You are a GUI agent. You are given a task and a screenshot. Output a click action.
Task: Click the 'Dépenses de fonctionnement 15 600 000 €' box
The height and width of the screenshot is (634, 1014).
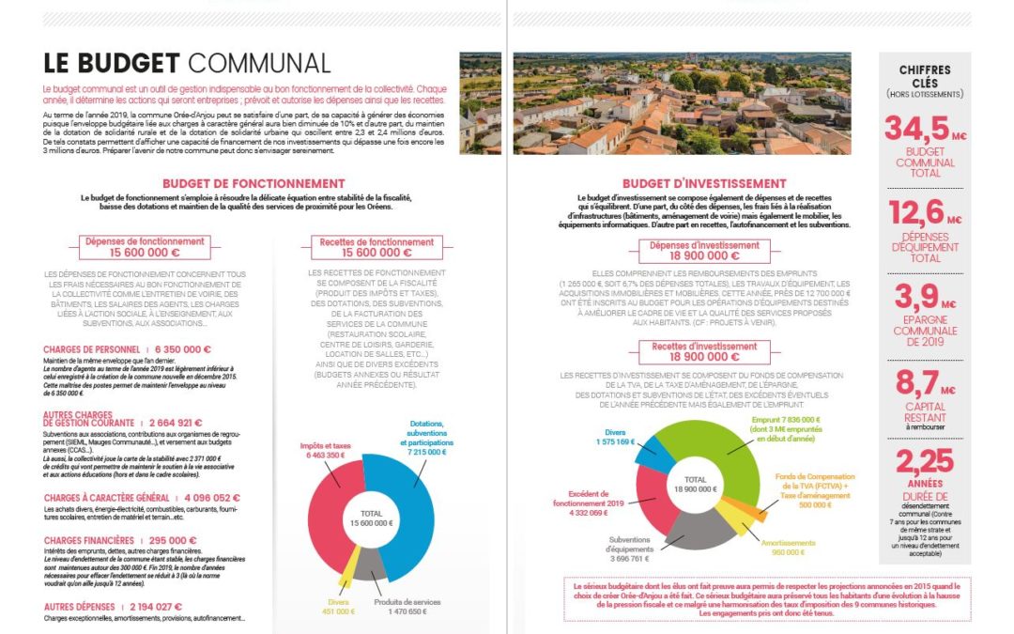(x=144, y=247)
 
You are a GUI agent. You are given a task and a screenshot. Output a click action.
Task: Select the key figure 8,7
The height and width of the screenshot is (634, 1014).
(x=918, y=381)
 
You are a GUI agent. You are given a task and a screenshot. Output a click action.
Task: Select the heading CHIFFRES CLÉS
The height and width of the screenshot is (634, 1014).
(x=924, y=75)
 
